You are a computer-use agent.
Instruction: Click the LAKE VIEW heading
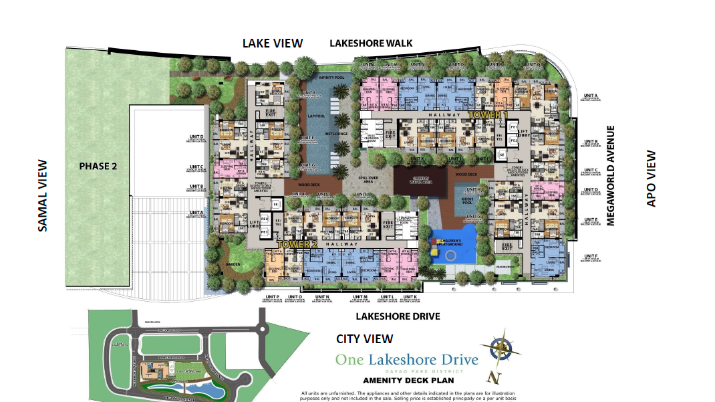click(x=272, y=43)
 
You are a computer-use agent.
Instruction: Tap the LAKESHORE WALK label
click(x=371, y=43)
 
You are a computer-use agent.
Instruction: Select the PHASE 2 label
click(x=98, y=166)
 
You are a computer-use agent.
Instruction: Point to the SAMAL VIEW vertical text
click(x=43, y=195)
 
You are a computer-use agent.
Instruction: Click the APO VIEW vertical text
click(x=652, y=179)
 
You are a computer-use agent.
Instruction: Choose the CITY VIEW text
click(x=364, y=339)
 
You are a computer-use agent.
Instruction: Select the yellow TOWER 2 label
click(x=298, y=245)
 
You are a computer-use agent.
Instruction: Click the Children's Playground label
click(x=450, y=241)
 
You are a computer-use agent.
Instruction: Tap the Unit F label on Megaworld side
click(x=591, y=257)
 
